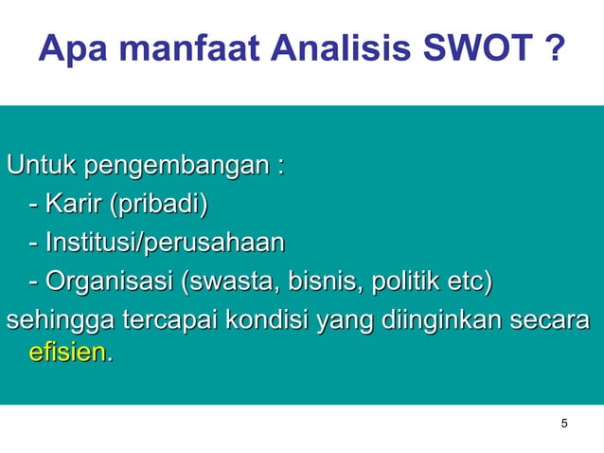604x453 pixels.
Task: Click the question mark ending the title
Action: (x=557, y=48)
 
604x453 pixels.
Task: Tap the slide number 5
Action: (x=564, y=423)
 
